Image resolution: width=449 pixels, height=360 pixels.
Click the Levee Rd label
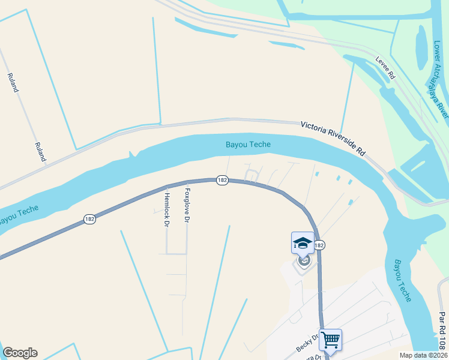tap(386, 68)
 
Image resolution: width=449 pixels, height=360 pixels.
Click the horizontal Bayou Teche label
tap(248, 145)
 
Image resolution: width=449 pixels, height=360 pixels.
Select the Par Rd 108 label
tap(442, 331)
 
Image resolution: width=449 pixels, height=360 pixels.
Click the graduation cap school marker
tap(303, 243)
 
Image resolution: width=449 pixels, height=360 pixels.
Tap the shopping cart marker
tap(330, 340)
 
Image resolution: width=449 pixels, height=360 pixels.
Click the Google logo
tap(20, 353)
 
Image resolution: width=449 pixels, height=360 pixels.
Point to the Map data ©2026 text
tap(423, 355)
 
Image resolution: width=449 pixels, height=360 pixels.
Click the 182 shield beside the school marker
tap(319, 245)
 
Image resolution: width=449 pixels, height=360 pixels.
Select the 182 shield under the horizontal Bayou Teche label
tap(222, 180)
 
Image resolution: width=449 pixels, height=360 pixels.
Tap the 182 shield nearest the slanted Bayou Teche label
tap(90, 220)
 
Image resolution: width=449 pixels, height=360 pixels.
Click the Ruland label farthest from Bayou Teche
tap(12, 82)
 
